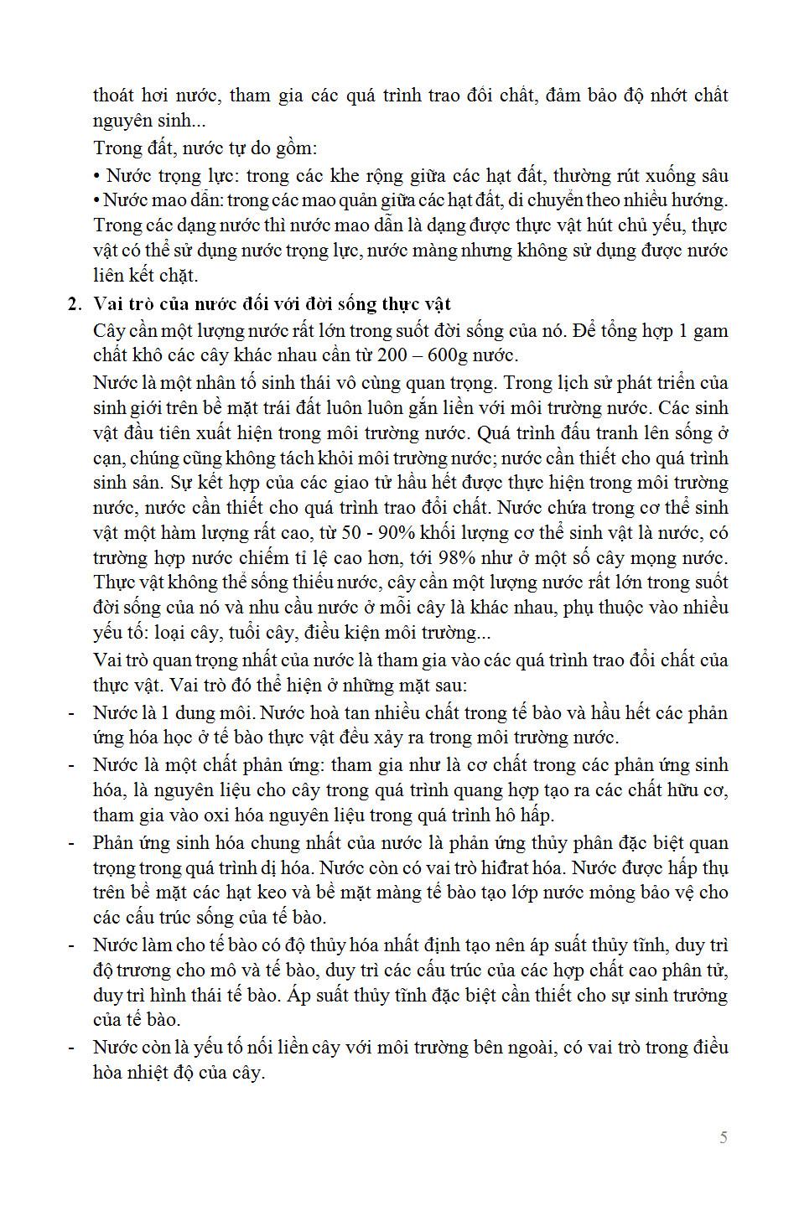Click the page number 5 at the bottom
(x=723, y=1137)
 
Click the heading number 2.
(x=74, y=303)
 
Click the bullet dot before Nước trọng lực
(x=97, y=176)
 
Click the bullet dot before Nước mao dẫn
(x=97, y=200)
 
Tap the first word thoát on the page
(x=116, y=95)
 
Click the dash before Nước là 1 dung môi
(x=72, y=713)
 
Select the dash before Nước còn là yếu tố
(x=72, y=1047)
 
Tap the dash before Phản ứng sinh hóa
(x=72, y=842)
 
